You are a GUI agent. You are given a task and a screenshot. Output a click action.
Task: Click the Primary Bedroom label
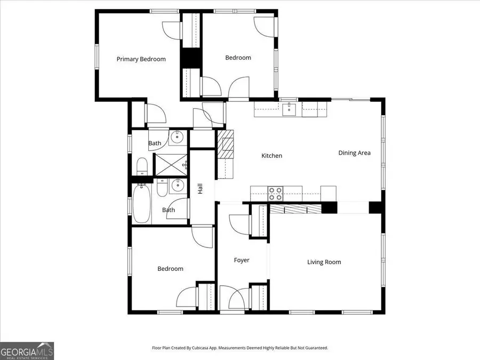(x=141, y=59)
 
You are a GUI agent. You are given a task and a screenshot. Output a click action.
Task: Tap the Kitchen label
(x=271, y=156)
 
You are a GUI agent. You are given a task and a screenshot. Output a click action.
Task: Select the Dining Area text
(x=354, y=153)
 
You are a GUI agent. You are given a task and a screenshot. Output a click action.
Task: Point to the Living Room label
(x=324, y=262)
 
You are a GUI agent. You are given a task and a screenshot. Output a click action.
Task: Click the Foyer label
(x=242, y=260)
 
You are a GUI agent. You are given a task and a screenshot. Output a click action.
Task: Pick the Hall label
(x=201, y=188)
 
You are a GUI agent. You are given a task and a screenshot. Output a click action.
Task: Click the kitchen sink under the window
(x=291, y=110)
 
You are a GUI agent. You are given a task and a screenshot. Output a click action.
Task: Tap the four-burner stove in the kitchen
(x=275, y=193)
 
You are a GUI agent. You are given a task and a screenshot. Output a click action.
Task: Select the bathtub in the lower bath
(x=141, y=203)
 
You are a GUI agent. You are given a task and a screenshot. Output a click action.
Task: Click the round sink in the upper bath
(x=177, y=138)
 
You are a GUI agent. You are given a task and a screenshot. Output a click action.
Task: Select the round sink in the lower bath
(x=178, y=186)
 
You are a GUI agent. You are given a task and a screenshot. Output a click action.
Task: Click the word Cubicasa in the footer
(x=209, y=348)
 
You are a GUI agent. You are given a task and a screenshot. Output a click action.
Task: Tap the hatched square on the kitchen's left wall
(x=228, y=144)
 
